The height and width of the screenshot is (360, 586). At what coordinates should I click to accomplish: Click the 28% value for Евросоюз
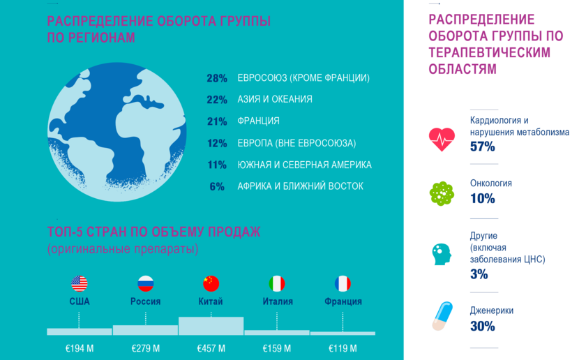click(x=217, y=78)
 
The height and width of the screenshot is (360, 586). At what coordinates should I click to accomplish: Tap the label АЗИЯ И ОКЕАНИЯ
click(x=275, y=100)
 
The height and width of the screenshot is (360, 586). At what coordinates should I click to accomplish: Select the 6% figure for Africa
click(x=217, y=186)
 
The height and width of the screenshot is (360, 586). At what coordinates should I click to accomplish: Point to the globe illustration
click(x=117, y=132)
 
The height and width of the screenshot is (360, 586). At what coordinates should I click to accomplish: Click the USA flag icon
click(x=80, y=284)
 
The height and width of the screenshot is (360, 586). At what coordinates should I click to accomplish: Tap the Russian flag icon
click(x=145, y=284)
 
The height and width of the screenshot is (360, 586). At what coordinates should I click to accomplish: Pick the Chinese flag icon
click(x=211, y=284)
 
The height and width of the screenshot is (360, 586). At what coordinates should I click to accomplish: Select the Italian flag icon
click(x=277, y=284)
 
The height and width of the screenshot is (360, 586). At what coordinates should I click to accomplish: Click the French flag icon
click(x=343, y=284)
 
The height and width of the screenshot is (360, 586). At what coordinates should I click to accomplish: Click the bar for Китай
click(x=211, y=326)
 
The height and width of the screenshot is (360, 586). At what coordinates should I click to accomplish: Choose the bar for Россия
click(x=145, y=330)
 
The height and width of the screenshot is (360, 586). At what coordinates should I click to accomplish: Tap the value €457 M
click(x=211, y=349)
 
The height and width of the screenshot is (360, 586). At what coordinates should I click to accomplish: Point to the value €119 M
click(x=343, y=349)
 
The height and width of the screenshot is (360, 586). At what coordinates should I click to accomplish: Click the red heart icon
click(x=442, y=140)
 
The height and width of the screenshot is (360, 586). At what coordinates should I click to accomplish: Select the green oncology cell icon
click(x=442, y=194)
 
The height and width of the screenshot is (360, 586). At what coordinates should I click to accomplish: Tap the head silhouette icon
click(x=442, y=254)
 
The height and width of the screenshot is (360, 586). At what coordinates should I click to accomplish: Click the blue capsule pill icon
click(x=442, y=316)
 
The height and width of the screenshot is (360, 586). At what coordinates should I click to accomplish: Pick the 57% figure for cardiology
click(x=483, y=147)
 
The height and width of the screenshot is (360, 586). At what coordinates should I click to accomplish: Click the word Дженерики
click(x=491, y=310)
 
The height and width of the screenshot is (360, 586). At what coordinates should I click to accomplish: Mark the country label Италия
click(x=278, y=301)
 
